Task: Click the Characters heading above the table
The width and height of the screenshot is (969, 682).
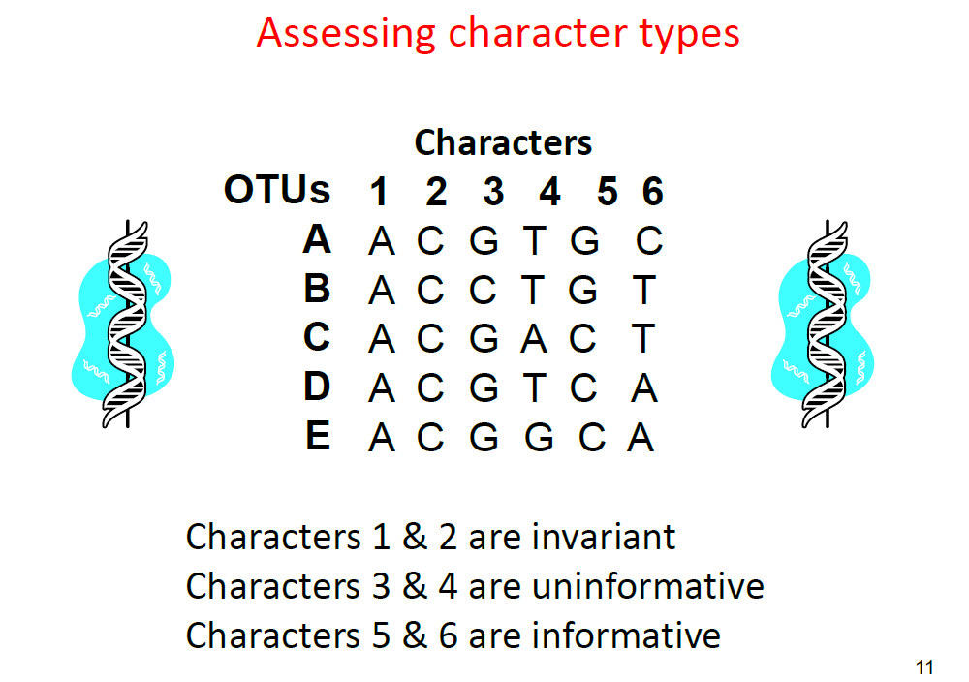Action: click(x=503, y=143)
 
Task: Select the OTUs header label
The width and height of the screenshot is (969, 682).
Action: click(x=276, y=191)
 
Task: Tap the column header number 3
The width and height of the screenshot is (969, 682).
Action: click(x=493, y=193)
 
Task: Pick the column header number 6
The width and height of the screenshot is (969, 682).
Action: click(x=652, y=193)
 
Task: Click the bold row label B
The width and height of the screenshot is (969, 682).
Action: click(x=317, y=289)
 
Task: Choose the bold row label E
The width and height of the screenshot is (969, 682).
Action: click(x=317, y=437)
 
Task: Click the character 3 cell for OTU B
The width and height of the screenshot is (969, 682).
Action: click(x=484, y=291)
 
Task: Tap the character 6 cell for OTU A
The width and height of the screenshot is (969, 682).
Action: click(x=649, y=240)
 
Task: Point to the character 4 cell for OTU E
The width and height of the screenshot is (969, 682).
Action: click(x=539, y=439)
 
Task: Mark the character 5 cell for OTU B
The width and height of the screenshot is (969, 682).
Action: click(x=584, y=291)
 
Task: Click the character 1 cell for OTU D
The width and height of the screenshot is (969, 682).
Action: click(x=382, y=389)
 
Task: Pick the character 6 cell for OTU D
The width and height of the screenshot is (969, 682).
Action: click(x=644, y=389)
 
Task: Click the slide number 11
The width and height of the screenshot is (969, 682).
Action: click(x=923, y=666)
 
